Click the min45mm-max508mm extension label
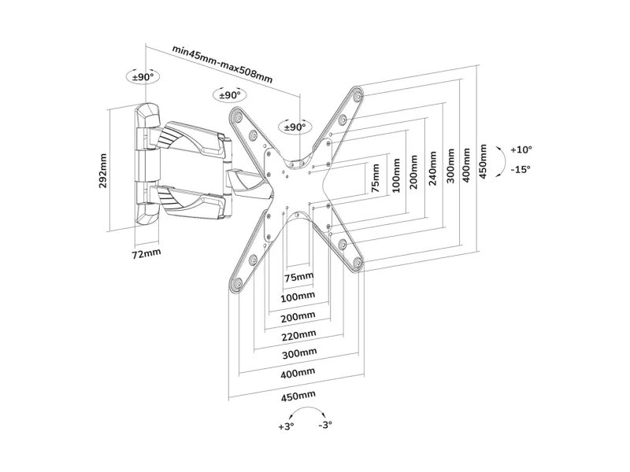[223, 65]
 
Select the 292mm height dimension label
[103, 171]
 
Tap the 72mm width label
[146, 253]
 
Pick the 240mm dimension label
[432, 168]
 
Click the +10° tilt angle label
[521, 149]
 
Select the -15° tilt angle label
[521, 169]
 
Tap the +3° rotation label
[286, 426]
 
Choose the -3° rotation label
[325, 425]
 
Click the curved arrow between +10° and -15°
[504, 161]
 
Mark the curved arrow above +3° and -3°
[307, 407]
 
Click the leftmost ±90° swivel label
[143, 76]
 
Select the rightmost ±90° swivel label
[295, 127]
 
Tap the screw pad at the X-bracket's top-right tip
[358, 96]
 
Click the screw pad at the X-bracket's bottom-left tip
[236, 284]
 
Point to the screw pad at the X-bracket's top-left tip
[238, 116]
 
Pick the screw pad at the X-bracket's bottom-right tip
[357, 264]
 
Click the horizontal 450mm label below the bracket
[298, 396]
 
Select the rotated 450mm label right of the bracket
[483, 162]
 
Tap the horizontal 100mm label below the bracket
[298, 297]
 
